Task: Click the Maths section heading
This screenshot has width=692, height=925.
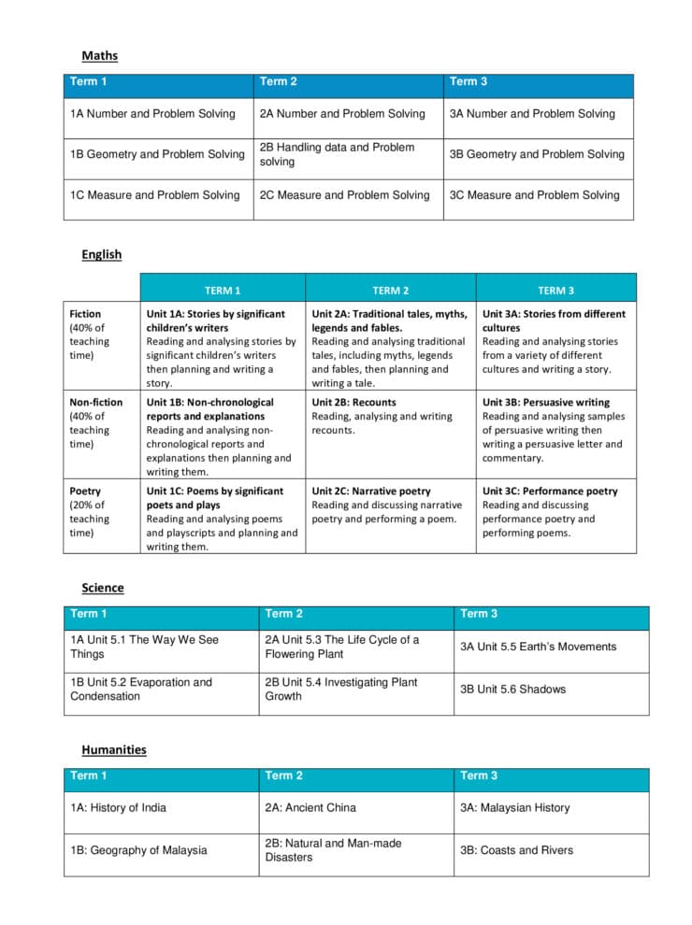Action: click(99, 56)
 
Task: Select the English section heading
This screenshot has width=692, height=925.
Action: click(101, 254)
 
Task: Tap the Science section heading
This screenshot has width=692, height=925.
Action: click(102, 588)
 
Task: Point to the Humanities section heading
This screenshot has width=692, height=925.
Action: click(113, 749)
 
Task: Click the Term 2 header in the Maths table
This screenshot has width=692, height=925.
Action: click(279, 82)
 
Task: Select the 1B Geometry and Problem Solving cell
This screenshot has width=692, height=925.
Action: click(157, 154)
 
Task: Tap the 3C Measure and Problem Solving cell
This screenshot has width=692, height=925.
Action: click(534, 195)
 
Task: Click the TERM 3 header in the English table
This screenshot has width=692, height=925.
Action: click(555, 291)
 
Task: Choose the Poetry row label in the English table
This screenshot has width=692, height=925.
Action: click(85, 491)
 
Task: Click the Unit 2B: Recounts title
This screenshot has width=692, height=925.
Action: click(353, 403)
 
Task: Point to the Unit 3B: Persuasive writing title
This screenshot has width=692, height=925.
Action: click(545, 403)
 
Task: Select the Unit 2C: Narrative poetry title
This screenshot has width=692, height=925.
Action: click(371, 491)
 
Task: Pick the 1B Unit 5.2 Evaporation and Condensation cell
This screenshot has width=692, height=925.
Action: click(141, 690)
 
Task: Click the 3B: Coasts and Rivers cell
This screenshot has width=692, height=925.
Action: click(516, 850)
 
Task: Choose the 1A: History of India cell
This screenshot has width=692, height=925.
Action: click(118, 808)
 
